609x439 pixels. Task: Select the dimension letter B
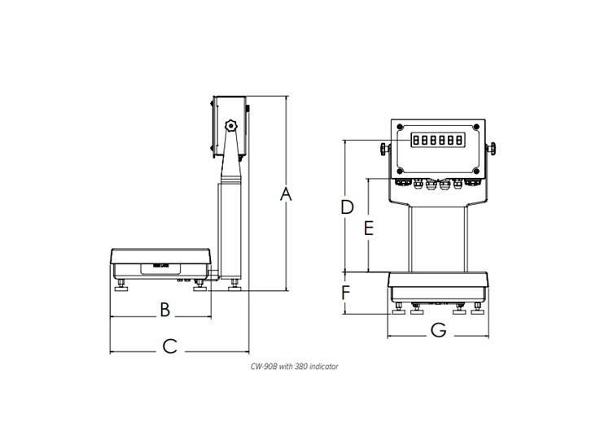pyautogui.click(x=164, y=309)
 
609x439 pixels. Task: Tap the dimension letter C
pyautogui.click(x=169, y=346)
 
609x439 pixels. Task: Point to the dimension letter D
pyautogui.click(x=347, y=206)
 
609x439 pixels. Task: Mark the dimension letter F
pyautogui.click(x=345, y=291)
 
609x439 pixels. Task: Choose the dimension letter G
pyautogui.click(x=438, y=329)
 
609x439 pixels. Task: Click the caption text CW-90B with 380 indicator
pyautogui.click(x=294, y=367)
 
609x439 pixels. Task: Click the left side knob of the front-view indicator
pyautogui.click(x=383, y=150)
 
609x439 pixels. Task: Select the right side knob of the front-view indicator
pyautogui.click(x=493, y=150)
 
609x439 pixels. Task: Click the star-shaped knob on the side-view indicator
pyautogui.click(x=231, y=126)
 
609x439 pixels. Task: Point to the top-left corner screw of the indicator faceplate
pyautogui.click(x=399, y=126)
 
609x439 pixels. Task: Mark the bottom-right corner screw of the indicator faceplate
pyautogui.click(x=478, y=172)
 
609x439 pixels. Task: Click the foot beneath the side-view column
pyautogui.click(x=234, y=285)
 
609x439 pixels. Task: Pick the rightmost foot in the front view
pyautogui.click(x=476, y=310)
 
